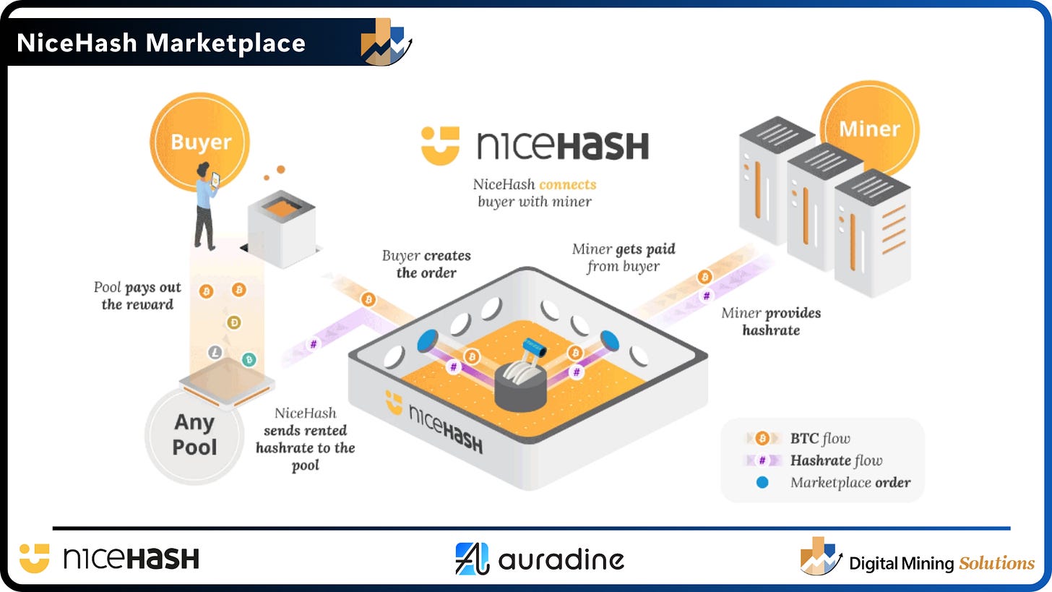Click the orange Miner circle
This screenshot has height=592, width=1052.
pyautogui.click(x=870, y=129)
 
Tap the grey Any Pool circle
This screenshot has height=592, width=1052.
pyautogui.click(x=194, y=435)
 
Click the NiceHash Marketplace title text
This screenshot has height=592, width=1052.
pyautogui.click(x=161, y=43)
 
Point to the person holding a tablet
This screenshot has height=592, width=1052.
pyautogui.click(x=205, y=206)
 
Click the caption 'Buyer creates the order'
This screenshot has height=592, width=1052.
pyautogui.click(x=426, y=264)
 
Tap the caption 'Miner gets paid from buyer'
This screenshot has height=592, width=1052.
pyautogui.click(x=624, y=257)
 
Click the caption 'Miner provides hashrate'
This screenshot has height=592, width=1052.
pyautogui.click(x=771, y=321)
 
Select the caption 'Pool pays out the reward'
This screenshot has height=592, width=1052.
pyautogui.click(x=137, y=296)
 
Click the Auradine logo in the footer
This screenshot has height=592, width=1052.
pyautogui.click(x=540, y=559)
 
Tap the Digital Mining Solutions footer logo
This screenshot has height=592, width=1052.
pyautogui.click(x=918, y=559)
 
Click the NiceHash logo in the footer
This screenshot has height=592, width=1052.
pyautogui.click(x=109, y=559)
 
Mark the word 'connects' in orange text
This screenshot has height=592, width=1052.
pyautogui.click(x=567, y=184)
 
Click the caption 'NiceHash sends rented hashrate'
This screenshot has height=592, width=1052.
pyautogui.click(x=305, y=439)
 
